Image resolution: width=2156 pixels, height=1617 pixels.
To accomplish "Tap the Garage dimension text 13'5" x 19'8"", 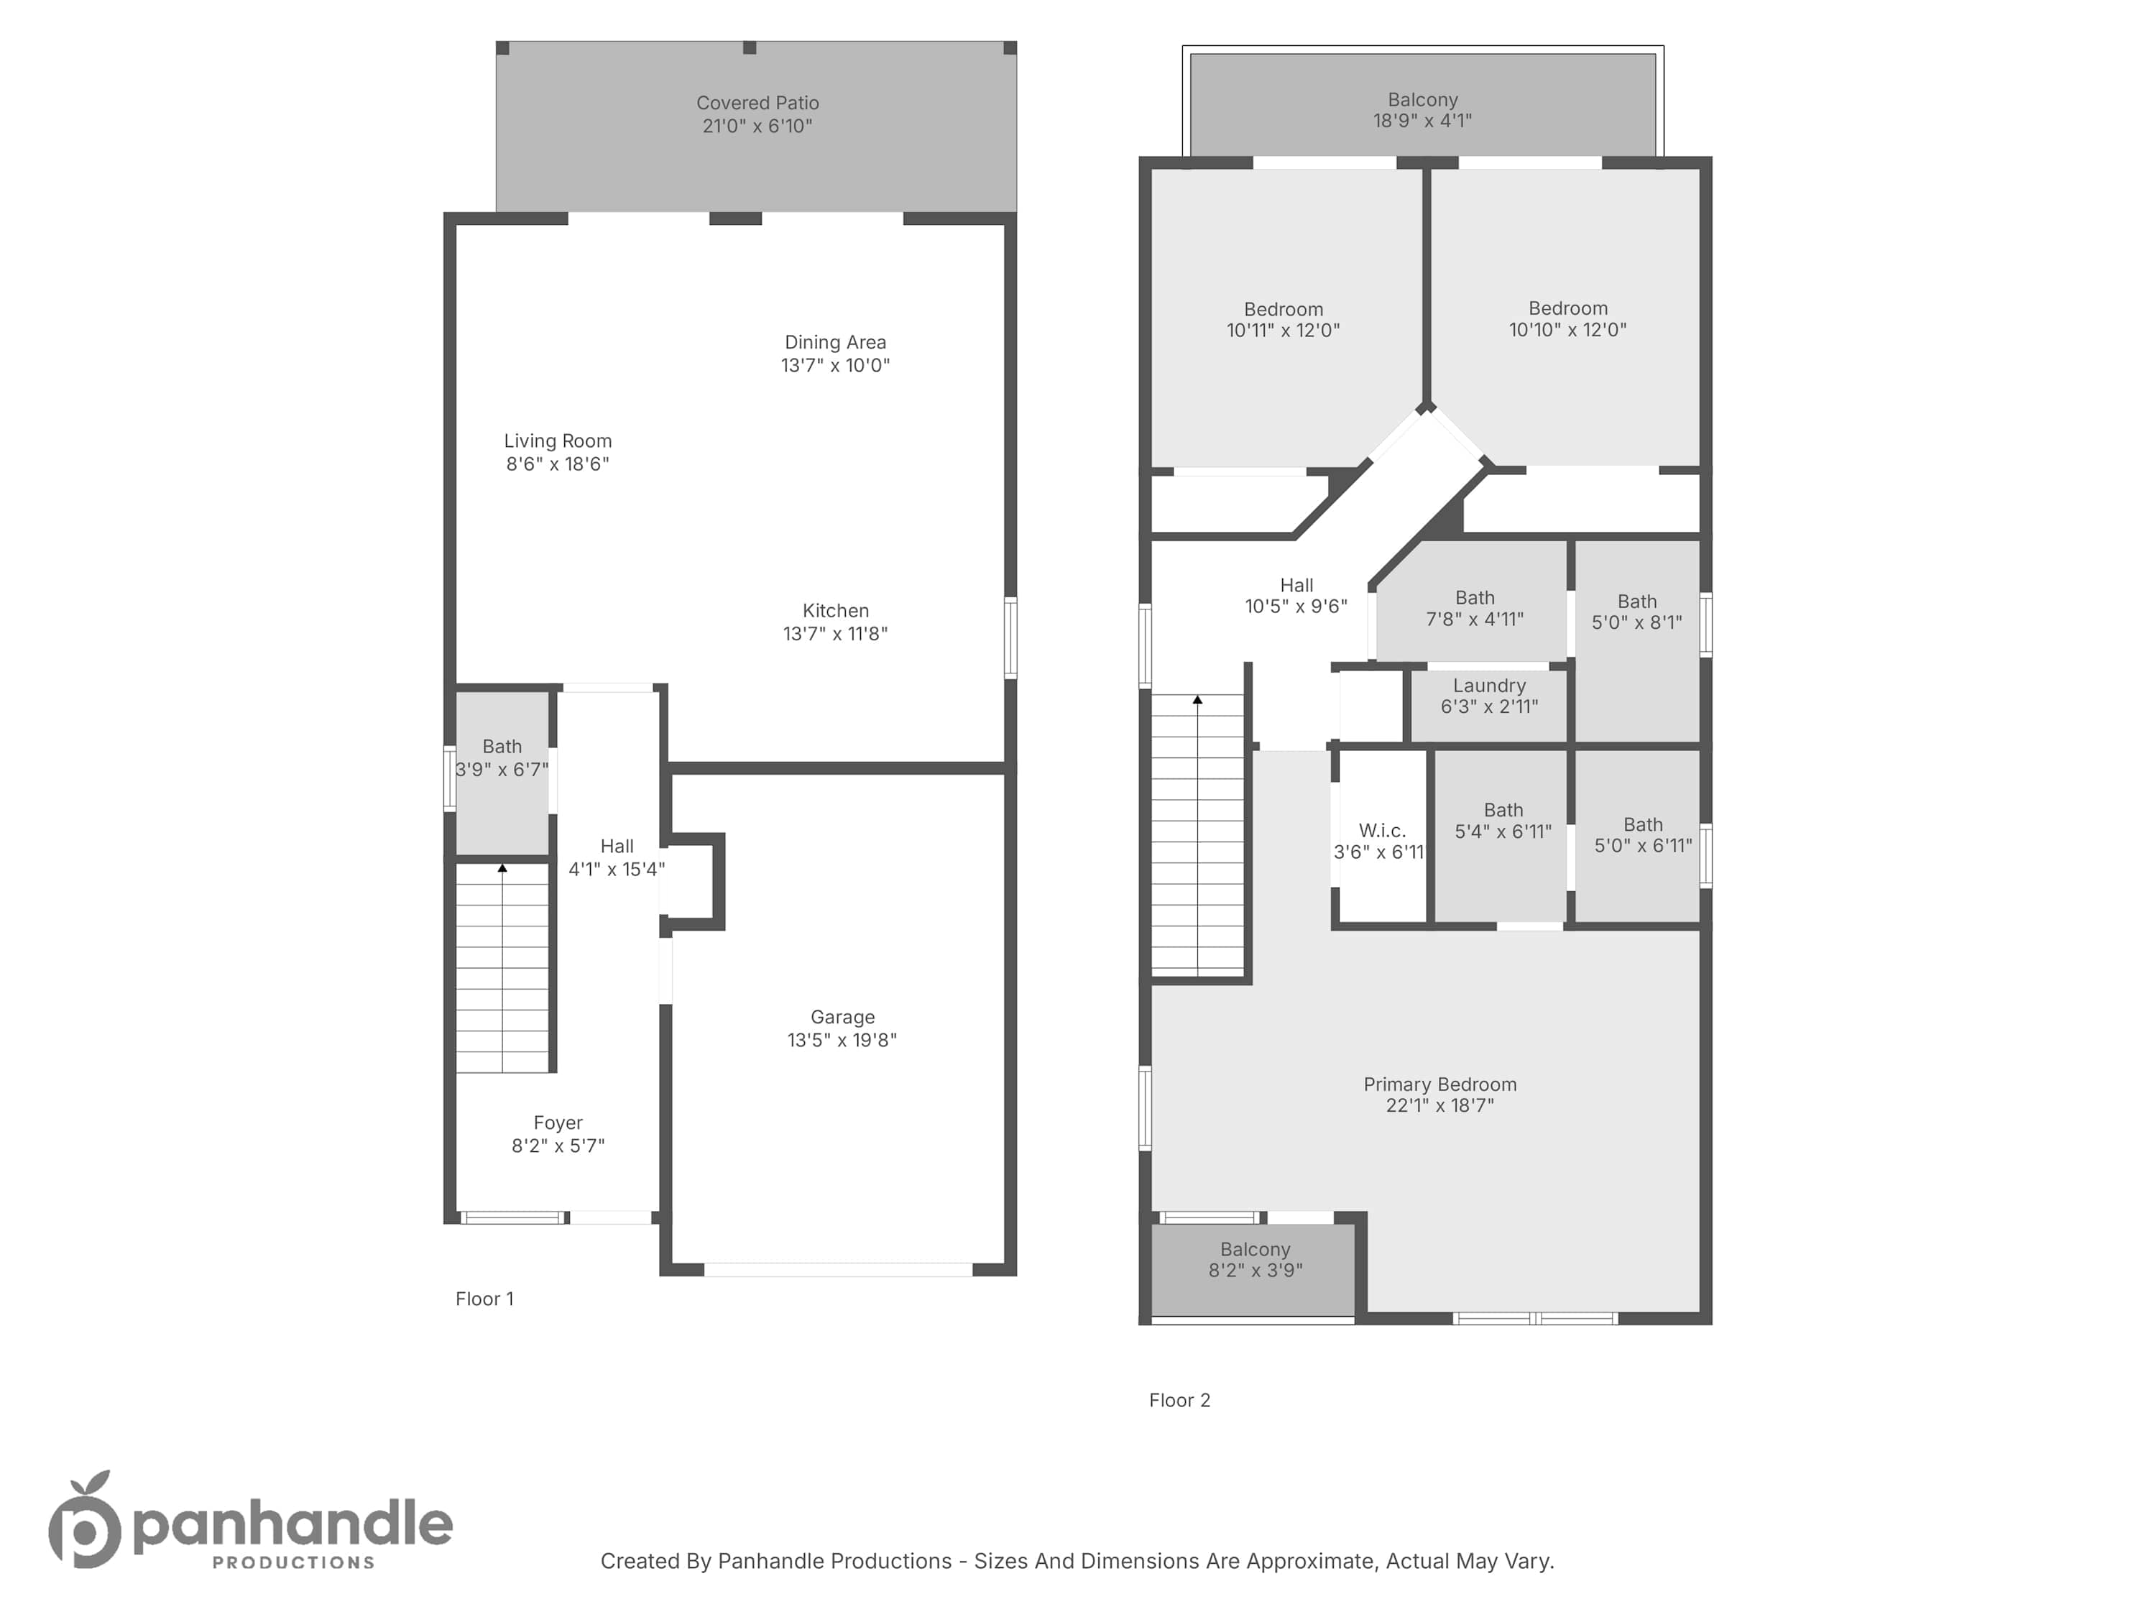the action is pos(842,1040).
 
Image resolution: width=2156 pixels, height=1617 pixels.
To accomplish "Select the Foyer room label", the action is pos(558,1123).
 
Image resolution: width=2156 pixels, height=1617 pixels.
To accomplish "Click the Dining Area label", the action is pos(835,342).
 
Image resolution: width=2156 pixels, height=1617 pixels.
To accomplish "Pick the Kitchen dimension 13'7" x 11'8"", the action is pos(835,634).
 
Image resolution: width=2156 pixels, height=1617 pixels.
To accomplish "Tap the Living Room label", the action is pos(558,441).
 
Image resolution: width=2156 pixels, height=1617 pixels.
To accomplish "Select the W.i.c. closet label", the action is pos(1382,831).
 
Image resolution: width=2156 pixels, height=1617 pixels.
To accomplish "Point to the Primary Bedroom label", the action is pos(1439,1084).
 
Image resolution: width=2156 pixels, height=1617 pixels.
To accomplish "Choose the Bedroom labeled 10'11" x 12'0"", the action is pos(1284,320).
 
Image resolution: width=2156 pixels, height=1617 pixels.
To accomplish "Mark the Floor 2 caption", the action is pos(1179,1401).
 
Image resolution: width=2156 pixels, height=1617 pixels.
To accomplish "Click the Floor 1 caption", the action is pos(484,1299).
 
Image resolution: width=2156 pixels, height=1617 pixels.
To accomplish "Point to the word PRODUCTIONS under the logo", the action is pos(293,1562).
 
